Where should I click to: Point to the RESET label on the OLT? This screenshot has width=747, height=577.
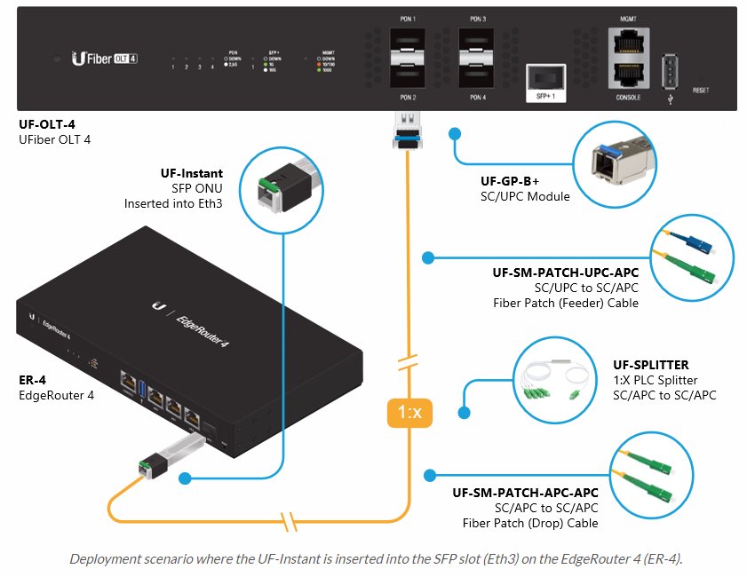click(701, 91)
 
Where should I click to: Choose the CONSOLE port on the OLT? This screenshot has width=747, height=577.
click(628, 76)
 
